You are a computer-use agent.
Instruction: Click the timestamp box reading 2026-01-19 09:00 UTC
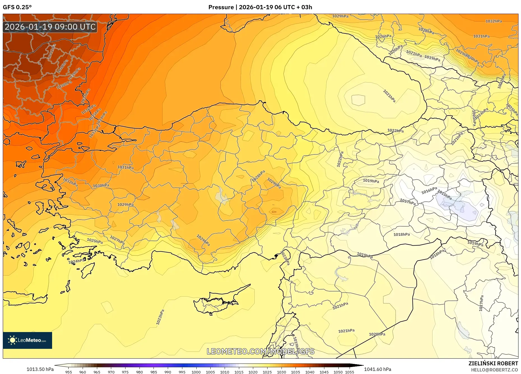50,27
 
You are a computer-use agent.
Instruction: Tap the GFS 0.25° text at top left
17,7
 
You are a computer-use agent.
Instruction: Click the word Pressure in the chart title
221,7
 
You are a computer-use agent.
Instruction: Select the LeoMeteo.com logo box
27,340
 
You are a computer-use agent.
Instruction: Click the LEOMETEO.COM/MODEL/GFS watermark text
260,351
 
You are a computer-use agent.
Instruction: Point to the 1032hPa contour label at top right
494,21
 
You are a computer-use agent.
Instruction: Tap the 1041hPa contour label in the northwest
52,51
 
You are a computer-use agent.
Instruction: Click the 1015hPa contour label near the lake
445,195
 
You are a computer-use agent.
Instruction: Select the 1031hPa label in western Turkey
125,168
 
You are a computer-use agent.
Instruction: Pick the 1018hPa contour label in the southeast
401,234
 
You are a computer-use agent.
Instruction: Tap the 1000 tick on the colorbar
196,372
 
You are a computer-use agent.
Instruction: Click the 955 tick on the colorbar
69,372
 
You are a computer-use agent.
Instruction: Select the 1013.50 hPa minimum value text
40,369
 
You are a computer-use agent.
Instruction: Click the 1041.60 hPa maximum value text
378,369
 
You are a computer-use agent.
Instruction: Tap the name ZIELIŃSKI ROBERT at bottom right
493,363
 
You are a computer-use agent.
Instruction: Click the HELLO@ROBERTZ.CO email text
494,370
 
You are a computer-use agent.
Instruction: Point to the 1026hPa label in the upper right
383,36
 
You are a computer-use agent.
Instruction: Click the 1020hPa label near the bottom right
377,334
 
